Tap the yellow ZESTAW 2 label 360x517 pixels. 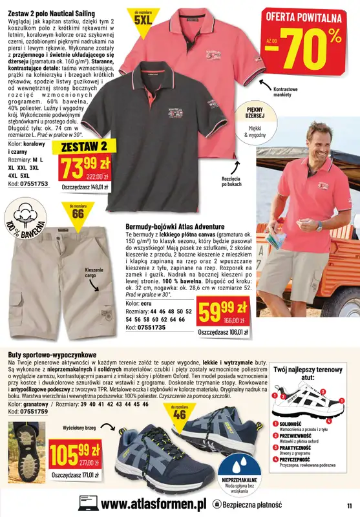(x=80, y=147)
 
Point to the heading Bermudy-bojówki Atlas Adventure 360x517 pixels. (x=175, y=227)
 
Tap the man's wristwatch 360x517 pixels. (x=319, y=226)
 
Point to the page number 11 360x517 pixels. (x=348, y=505)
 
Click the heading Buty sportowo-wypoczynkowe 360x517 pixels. (x=52, y=355)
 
